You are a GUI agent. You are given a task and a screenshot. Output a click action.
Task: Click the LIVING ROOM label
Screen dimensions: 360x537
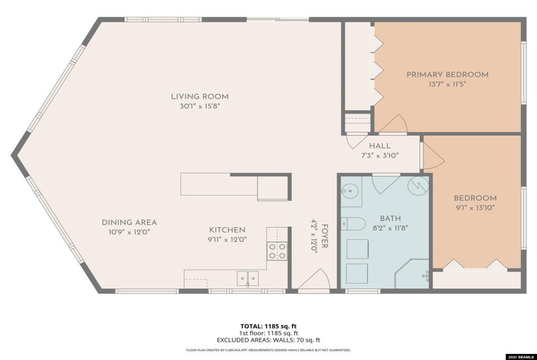pos(199,96)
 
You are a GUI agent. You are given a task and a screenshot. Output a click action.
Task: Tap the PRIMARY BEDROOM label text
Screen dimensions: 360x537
pos(447,75)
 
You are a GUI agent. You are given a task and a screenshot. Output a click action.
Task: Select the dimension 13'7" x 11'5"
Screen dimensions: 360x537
pos(447,85)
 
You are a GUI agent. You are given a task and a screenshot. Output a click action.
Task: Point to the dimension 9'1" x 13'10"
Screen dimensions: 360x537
pos(474,208)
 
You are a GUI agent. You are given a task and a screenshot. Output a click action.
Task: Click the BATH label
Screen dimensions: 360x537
pos(390,218)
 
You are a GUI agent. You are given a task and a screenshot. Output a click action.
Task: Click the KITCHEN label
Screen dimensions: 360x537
pos(227,230)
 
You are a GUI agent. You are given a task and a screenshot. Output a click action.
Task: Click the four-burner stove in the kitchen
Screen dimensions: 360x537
pos(277,251)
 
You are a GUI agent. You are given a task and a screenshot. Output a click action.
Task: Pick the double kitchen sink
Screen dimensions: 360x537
pos(247,278)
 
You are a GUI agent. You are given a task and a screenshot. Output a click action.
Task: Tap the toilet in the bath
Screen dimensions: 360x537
pos(353,224)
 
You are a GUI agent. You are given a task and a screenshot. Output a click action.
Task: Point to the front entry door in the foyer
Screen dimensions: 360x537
pos(313,281)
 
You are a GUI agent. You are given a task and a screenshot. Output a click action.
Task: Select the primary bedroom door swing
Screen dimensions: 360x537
pos(395,124)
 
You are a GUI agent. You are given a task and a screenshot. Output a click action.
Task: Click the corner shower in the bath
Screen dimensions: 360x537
pos(413,274)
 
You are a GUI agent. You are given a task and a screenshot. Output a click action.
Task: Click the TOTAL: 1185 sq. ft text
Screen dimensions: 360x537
pos(268,326)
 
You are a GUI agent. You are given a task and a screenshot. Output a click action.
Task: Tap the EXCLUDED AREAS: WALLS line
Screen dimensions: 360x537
pos(268,341)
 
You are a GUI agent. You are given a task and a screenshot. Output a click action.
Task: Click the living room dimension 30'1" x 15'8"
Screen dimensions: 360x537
pos(199,106)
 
